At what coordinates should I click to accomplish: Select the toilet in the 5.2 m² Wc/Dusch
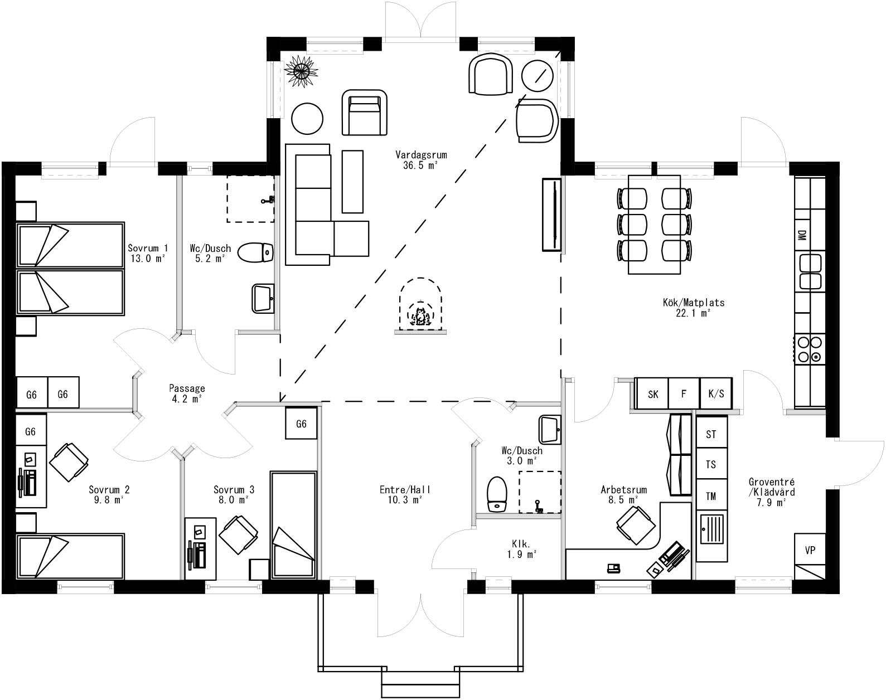click(x=255, y=252)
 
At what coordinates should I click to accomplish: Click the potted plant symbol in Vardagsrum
click(x=301, y=70)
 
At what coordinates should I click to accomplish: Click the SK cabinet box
click(x=652, y=394)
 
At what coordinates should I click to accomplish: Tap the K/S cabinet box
click(x=715, y=394)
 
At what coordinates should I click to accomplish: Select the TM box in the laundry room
click(x=711, y=496)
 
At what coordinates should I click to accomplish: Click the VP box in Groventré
click(x=810, y=550)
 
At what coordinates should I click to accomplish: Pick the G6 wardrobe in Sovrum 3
click(x=301, y=424)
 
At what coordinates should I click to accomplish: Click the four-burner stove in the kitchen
click(x=810, y=349)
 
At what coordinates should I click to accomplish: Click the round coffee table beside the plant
click(x=307, y=119)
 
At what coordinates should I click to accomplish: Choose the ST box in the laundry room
click(x=711, y=434)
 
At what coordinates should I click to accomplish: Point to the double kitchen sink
click(x=810, y=271)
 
